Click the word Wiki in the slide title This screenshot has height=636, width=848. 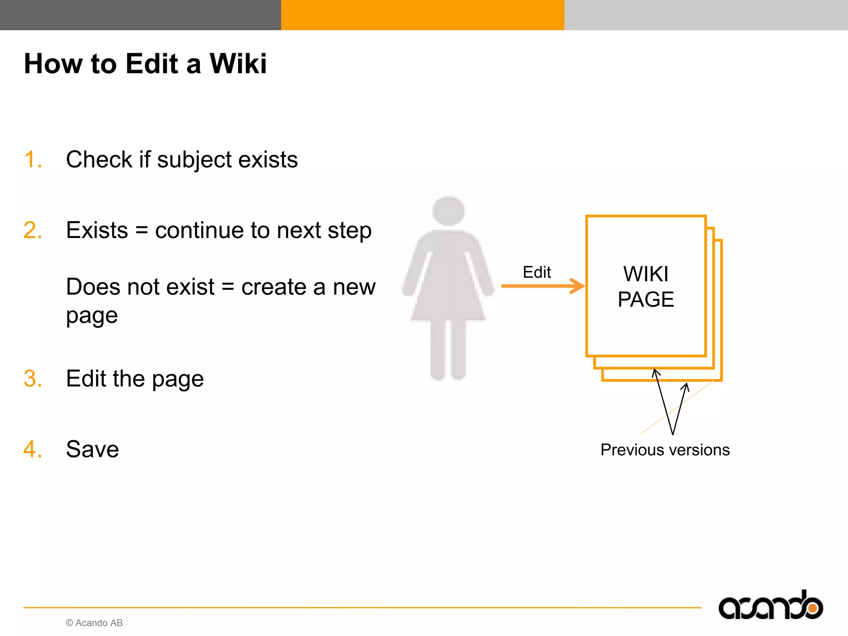(x=238, y=64)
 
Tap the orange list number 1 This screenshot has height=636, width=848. (x=33, y=159)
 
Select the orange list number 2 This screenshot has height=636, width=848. (x=33, y=230)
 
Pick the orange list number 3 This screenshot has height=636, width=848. (x=33, y=378)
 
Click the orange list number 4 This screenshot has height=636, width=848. (x=33, y=449)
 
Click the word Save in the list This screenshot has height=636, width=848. (x=92, y=449)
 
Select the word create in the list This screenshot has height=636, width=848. (x=273, y=287)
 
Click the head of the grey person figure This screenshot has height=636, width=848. (x=448, y=211)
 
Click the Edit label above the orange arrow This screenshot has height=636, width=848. (x=537, y=272)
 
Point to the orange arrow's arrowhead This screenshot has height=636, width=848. (x=577, y=286)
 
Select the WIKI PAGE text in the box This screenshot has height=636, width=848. (x=646, y=287)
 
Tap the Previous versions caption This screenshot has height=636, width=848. (x=665, y=450)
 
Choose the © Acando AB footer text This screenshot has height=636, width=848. (x=94, y=623)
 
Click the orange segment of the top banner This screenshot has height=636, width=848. (x=422, y=15)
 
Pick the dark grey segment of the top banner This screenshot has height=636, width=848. (x=140, y=15)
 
